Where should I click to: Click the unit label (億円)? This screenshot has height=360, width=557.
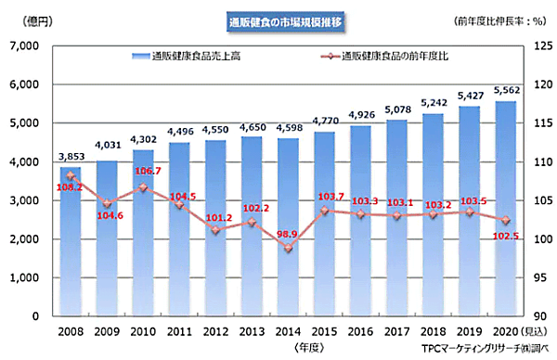point(27,20)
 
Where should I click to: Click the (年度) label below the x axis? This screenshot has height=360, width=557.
point(308,347)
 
